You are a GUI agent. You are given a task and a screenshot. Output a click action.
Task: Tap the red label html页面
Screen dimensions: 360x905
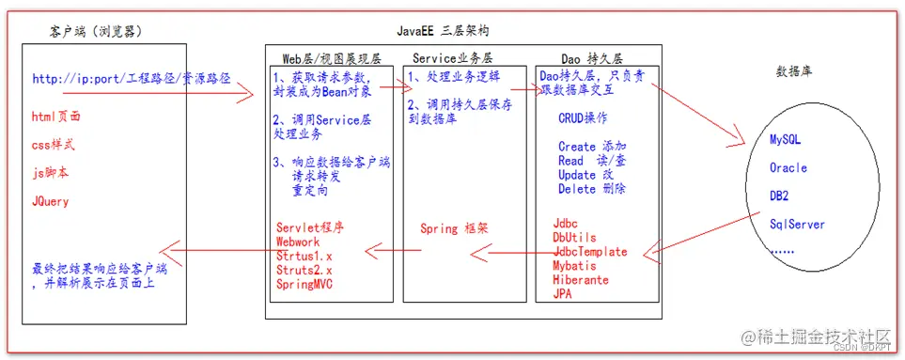pyautogui.click(x=56, y=117)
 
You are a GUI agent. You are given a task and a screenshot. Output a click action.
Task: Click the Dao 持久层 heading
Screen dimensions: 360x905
pyautogui.click(x=592, y=57)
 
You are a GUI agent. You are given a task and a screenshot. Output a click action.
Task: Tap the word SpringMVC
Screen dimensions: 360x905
pyautogui.click(x=304, y=283)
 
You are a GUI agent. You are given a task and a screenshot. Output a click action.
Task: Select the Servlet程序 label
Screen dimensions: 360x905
pyautogui.click(x=310, y=227)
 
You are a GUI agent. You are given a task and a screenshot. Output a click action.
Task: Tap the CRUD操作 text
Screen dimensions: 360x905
pyautogui.click(x=583, y=118)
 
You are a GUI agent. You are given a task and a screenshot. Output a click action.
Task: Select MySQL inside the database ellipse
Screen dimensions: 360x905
pyautogui.click(x=785, y=139)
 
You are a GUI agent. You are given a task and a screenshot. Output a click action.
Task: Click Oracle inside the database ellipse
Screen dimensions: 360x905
pyautogui.click(x=788, y=168)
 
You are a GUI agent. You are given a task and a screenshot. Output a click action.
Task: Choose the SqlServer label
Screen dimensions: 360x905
pyautogui.click(x=797, y=225)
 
